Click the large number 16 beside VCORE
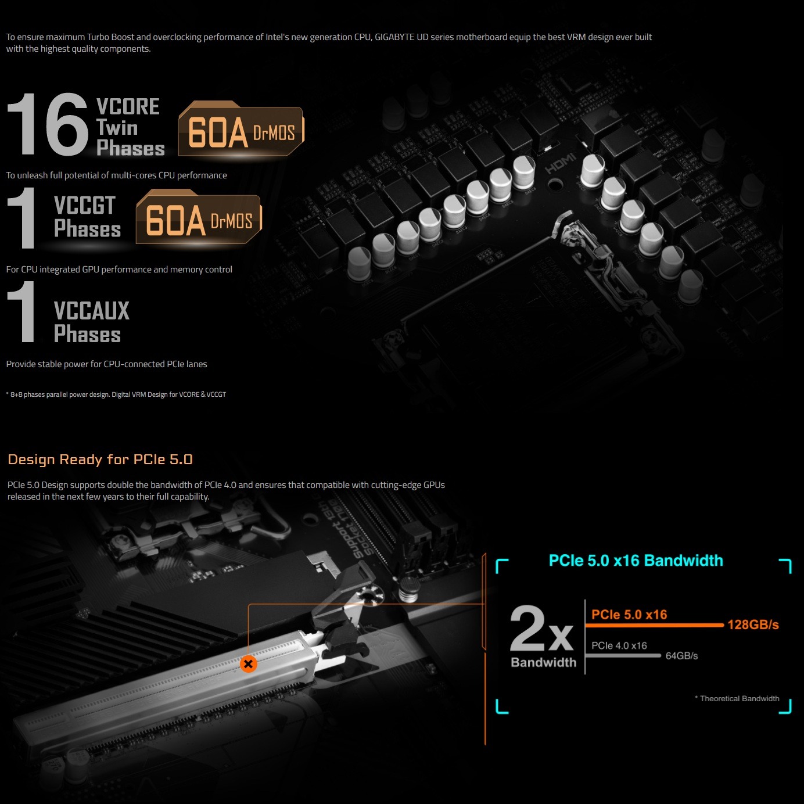point(48,124)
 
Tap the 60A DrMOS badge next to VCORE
point(241,129)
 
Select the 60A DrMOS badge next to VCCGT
point(199,217)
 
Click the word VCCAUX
point(91,311)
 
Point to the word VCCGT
point(85,205)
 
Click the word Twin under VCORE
point(117,128)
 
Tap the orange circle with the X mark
point(248,664)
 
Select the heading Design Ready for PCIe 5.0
point(100,460)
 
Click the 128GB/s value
point(753,624)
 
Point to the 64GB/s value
point(682,656)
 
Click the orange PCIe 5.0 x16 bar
point(654,625)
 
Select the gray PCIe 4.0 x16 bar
point(623,656)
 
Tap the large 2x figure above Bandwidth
point(541,629)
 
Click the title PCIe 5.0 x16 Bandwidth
point(636,561)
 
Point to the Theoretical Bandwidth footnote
point(737,698)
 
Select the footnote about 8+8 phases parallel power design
point(116,394)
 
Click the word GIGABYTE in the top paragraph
point(394,37)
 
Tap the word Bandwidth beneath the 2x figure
point(544,663)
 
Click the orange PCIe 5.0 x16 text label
point(629,615)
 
